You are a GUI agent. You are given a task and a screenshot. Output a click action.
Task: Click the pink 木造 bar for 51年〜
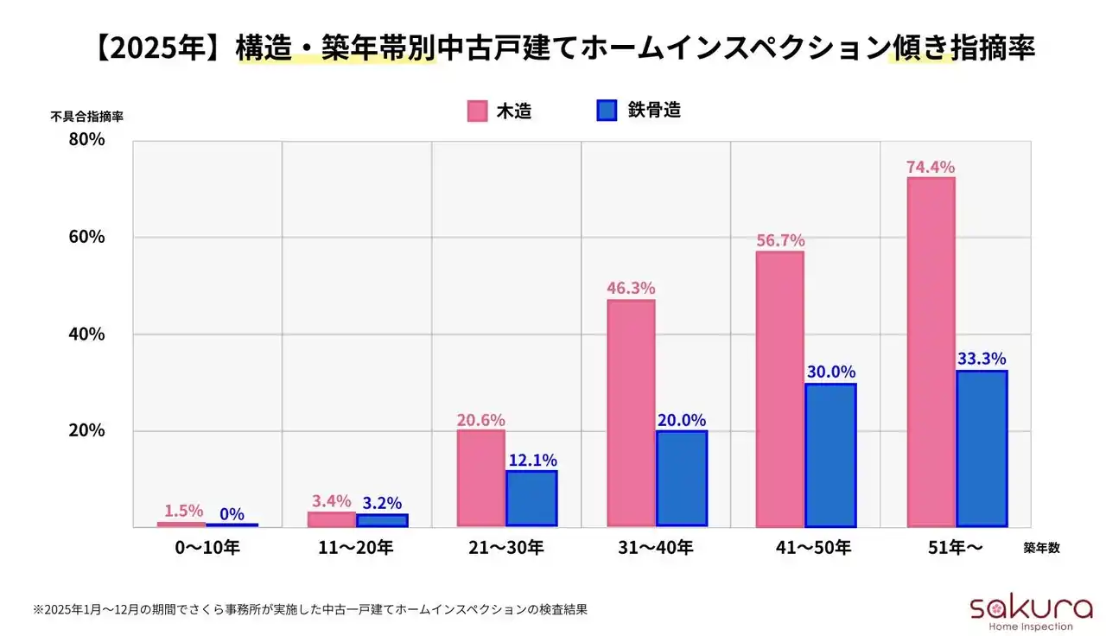point(931,352)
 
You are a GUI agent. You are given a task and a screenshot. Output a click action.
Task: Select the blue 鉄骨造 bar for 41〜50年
point(830,455)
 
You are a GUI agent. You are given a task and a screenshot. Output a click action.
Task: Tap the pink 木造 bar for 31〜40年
point(631,413)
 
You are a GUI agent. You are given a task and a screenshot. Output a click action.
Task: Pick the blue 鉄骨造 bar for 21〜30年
point(531,498)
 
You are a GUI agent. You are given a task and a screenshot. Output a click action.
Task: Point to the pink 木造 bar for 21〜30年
point(480,478)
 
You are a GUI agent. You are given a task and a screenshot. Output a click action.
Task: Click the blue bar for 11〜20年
point(382,520)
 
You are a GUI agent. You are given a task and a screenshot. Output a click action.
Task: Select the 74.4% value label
point(931,167)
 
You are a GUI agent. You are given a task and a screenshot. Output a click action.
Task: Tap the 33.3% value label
point(982,359)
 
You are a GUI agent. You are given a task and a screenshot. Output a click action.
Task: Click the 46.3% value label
point(631,289)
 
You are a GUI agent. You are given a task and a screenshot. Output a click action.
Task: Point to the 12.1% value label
point(532,460)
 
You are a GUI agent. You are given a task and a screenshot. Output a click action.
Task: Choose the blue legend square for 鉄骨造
point(607,111)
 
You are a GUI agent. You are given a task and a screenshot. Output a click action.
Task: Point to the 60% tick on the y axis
point(86,237)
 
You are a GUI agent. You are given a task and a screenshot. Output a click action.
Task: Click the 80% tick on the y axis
point(86,139)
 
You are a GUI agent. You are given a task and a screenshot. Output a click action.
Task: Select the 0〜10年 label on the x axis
point(207,547)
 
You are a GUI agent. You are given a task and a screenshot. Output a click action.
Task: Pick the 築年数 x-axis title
point(1041,548)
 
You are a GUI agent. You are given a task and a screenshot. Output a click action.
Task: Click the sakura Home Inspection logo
point(1020,611)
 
